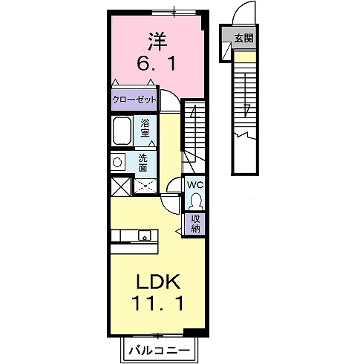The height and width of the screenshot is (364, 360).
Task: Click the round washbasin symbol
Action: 117,161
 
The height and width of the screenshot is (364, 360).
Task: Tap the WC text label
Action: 194,185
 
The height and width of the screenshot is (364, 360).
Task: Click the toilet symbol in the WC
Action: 194,201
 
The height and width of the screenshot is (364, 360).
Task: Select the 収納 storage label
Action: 195,223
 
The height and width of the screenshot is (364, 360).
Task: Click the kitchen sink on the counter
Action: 143,235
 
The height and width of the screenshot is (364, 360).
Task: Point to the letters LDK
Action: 156,282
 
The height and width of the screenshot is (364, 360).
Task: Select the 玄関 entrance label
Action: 244,37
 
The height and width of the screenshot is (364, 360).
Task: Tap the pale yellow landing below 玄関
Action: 244,55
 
